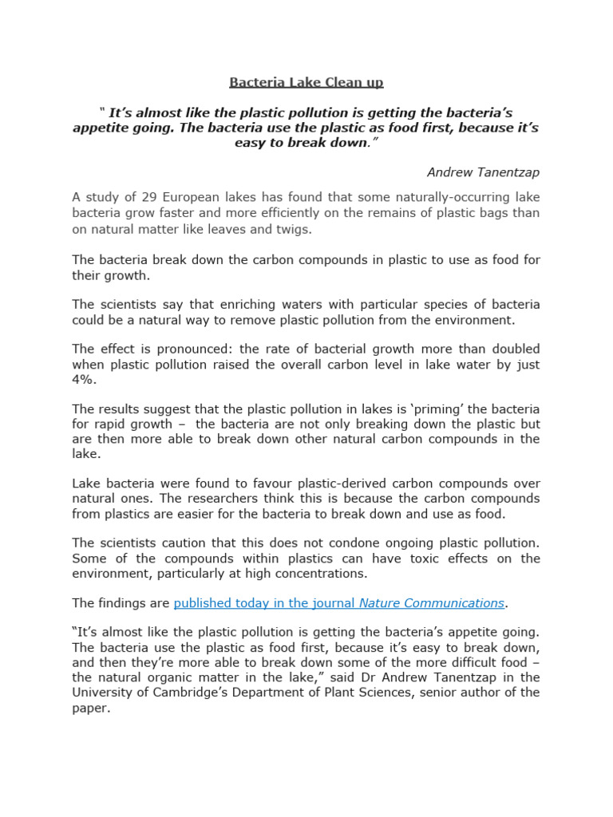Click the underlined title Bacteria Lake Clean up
tap(306, 82)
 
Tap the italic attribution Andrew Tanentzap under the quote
tap(483, 172)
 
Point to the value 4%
tap(85, 380)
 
